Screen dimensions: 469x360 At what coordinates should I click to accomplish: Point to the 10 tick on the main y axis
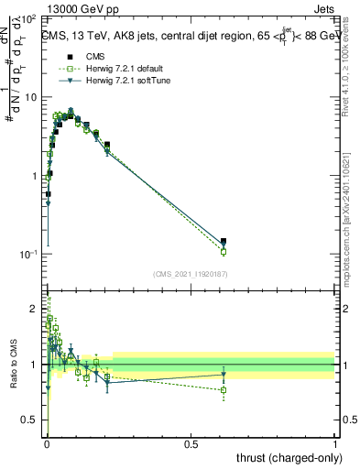click(x=30, y=97)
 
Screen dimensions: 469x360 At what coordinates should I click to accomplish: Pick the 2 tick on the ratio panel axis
click(x=35, y=308)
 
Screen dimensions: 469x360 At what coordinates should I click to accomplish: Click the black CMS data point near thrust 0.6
click(x=224, y=242)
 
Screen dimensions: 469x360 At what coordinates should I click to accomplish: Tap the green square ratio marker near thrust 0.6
click(x=224, y=390)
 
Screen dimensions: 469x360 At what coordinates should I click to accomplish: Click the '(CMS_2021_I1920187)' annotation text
click(x=191, y=274)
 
